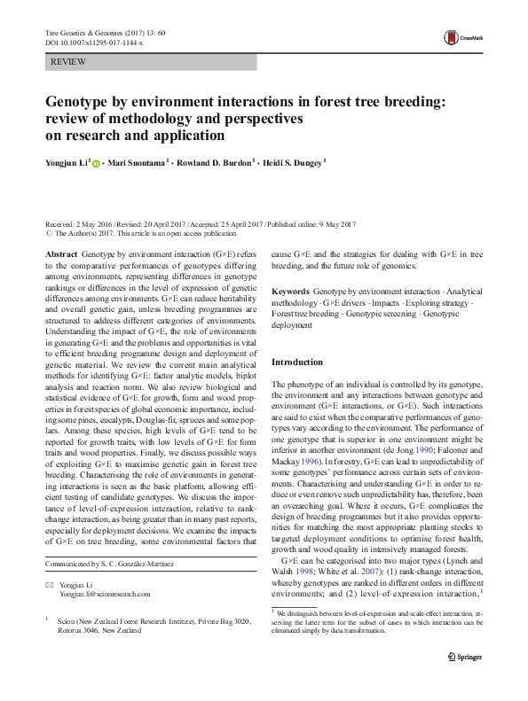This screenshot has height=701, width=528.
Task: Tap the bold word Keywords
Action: tap(290, 291)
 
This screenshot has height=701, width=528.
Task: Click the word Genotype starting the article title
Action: tap(83, 102)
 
